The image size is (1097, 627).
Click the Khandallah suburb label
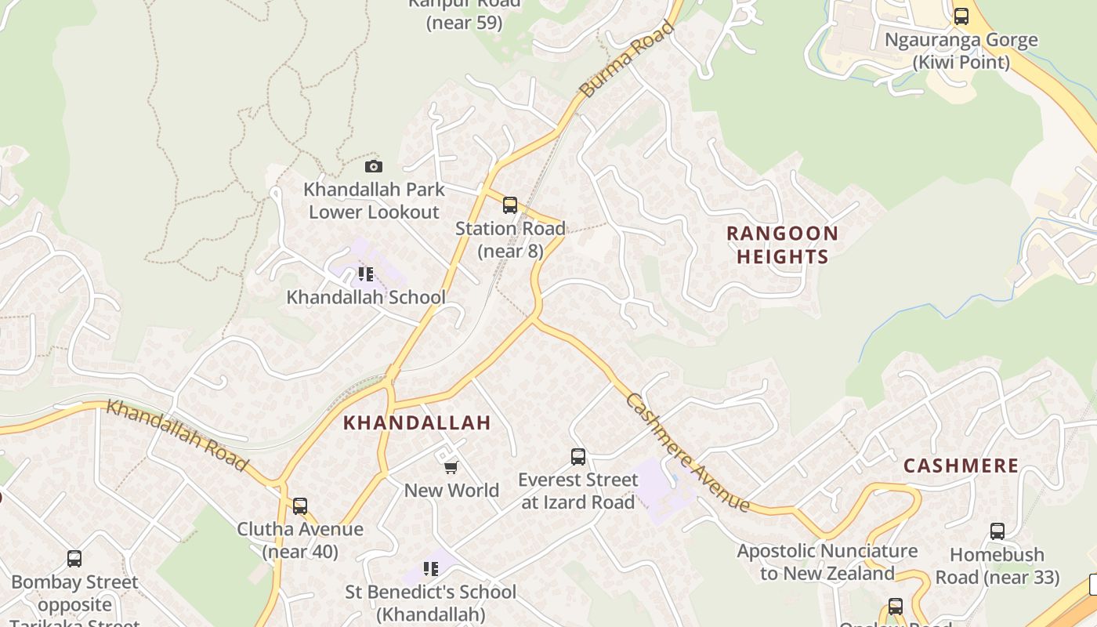(x=417, y=422)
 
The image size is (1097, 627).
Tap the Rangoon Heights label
(x=782, y=245)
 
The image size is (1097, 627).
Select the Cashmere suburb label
(x=961, y=466)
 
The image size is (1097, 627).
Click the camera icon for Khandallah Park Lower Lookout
(x=374, y=166)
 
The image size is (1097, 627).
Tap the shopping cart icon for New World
(x=451, y=468)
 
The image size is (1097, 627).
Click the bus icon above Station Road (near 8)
(x=510, y=205)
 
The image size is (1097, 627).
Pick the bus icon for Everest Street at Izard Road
(x=578, y=456)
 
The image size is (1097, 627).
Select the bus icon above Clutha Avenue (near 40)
(x=300, y=506)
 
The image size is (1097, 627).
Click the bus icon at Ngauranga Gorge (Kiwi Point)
(x=961, y=16)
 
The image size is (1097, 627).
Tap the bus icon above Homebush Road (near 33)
(x=997, y=531)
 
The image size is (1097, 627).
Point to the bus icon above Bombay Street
(x=74, y=559)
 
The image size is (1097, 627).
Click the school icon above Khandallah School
(x=365, y=274)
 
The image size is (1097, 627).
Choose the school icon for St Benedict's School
(x=430, y=569)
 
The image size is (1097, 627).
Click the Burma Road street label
(x=627, y=60)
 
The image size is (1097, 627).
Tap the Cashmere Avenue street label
(x=689, y=452)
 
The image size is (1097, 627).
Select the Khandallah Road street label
(x=177, y=435)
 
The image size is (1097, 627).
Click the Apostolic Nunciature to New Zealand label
(x=827, y=562)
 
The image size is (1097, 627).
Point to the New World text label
(x=451, y=491)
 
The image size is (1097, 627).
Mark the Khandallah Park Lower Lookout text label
(x=374, y=201)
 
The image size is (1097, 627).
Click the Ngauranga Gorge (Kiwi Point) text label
(x=961, y=51)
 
